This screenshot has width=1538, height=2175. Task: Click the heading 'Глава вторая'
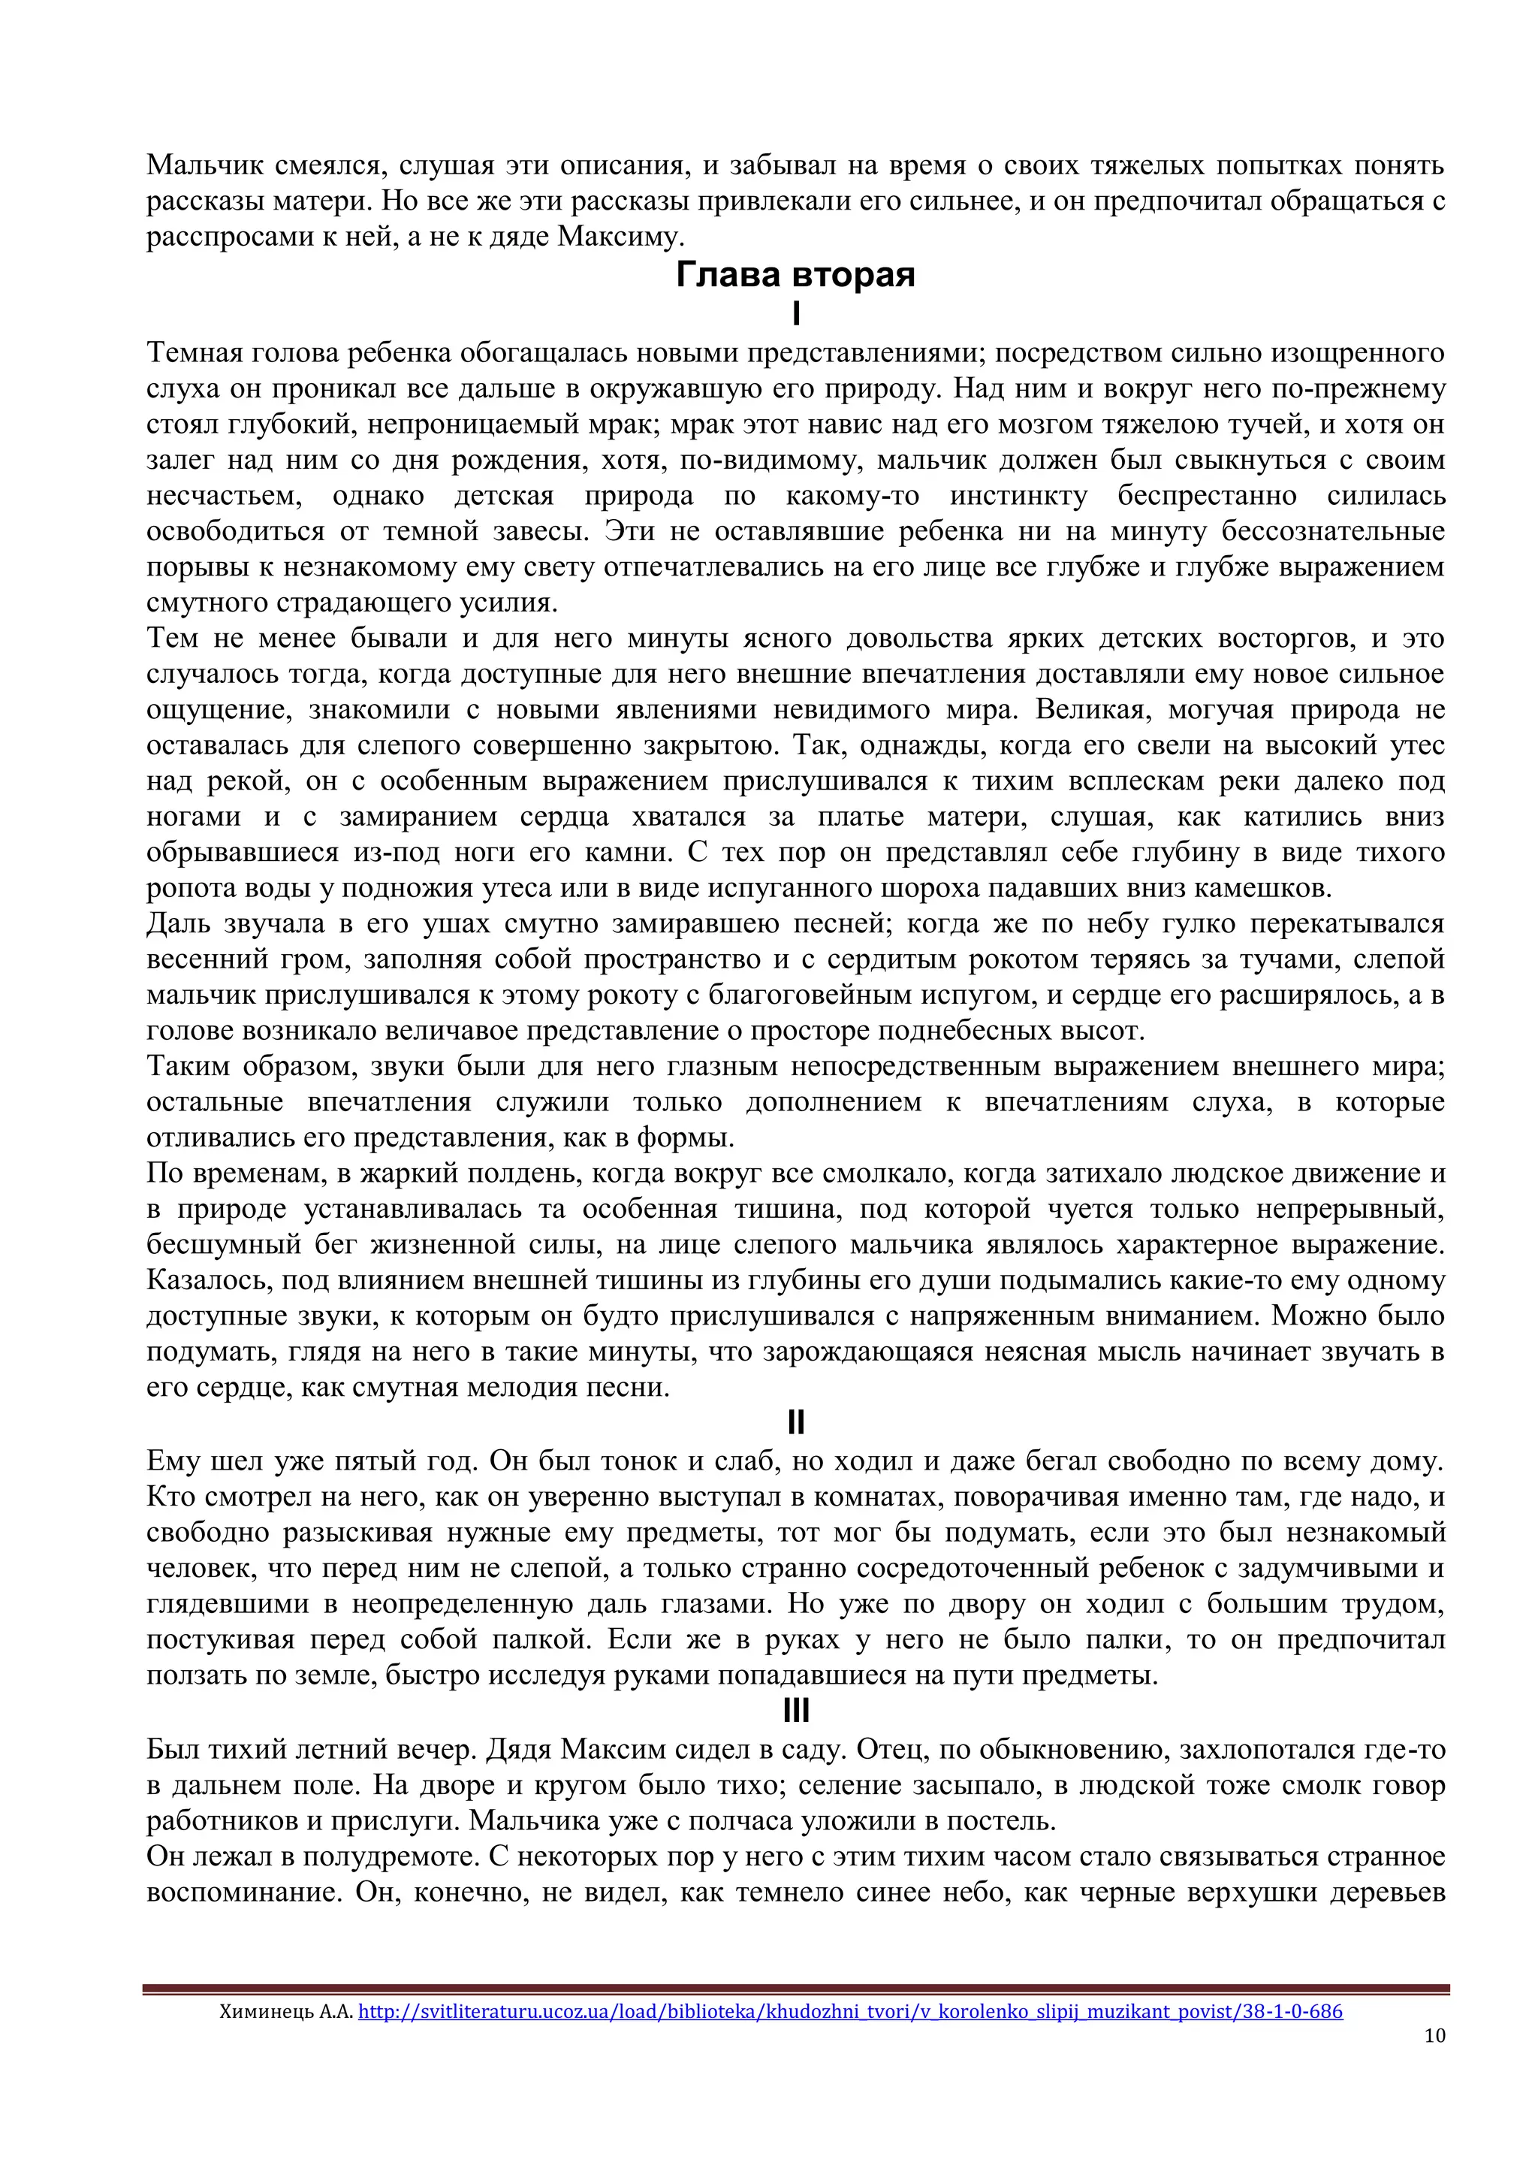click(x=795, y=275)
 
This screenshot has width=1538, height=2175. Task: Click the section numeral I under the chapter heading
click(x=795, y=313)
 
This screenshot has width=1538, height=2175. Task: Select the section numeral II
click(x=795, y=1422)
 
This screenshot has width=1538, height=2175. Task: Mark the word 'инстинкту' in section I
click(x=1018, y=495)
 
